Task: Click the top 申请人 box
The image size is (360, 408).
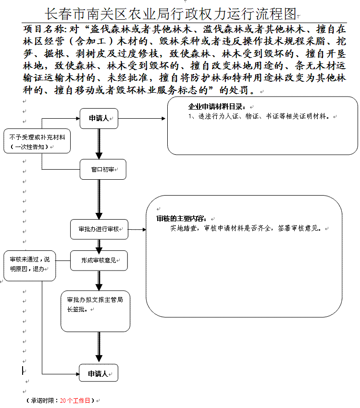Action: (99, 118)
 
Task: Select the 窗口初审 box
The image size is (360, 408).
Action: (103, 169)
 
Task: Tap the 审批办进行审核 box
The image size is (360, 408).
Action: (99, 229)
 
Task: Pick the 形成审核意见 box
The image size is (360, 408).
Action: (99, 260)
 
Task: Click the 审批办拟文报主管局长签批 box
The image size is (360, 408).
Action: (95, 311)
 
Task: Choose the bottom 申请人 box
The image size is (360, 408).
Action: (99, 374)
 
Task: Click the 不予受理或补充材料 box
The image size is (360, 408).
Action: (37, 141)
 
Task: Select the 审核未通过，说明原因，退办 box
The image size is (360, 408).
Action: (30, 266)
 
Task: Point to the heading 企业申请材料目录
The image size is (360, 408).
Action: (217, 107)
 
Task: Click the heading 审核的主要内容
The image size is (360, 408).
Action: (182, 219)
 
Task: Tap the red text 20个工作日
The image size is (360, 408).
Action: (75, 401)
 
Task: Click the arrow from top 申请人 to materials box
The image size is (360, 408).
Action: (142, 118)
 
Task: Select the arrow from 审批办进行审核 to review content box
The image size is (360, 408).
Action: (137, 230)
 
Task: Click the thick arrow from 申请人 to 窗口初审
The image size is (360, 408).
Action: (99, 144)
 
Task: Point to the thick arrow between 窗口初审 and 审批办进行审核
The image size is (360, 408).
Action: (99, 199)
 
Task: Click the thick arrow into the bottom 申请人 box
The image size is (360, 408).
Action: (99, 347)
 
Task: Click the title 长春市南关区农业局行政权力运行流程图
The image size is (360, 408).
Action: (171, 14)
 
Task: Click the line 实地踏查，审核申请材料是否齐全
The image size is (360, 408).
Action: (221, 228)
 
